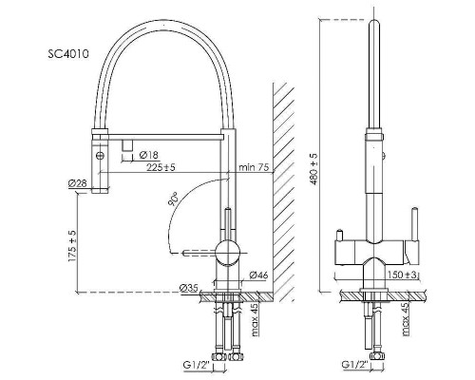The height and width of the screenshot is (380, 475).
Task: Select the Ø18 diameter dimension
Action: [148, 155]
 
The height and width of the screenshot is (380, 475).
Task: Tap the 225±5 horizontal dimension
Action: [161, 167]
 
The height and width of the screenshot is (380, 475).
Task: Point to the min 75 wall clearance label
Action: [254, 167]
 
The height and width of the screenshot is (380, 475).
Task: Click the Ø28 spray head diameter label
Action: [77, 183]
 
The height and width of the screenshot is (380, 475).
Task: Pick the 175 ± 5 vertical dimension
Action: [72, 246]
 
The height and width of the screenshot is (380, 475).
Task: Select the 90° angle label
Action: [174, 199]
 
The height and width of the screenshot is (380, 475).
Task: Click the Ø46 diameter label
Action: [258, 275]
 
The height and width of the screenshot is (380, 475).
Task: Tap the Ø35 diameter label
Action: [189, 288]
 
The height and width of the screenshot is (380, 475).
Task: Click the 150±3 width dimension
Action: [402, 275]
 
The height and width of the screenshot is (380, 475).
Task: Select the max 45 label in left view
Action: [256, 319]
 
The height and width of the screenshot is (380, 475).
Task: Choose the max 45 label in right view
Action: [407, 319]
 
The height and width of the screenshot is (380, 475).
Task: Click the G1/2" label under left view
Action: [197, 365]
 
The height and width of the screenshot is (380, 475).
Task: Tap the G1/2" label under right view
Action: [355, 365]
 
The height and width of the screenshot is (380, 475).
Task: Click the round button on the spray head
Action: [100, 156]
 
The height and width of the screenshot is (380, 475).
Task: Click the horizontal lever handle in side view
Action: [199, 253]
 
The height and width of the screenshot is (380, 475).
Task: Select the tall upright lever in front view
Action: [414, 224]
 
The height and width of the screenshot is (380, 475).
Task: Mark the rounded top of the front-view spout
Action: [374, 24]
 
